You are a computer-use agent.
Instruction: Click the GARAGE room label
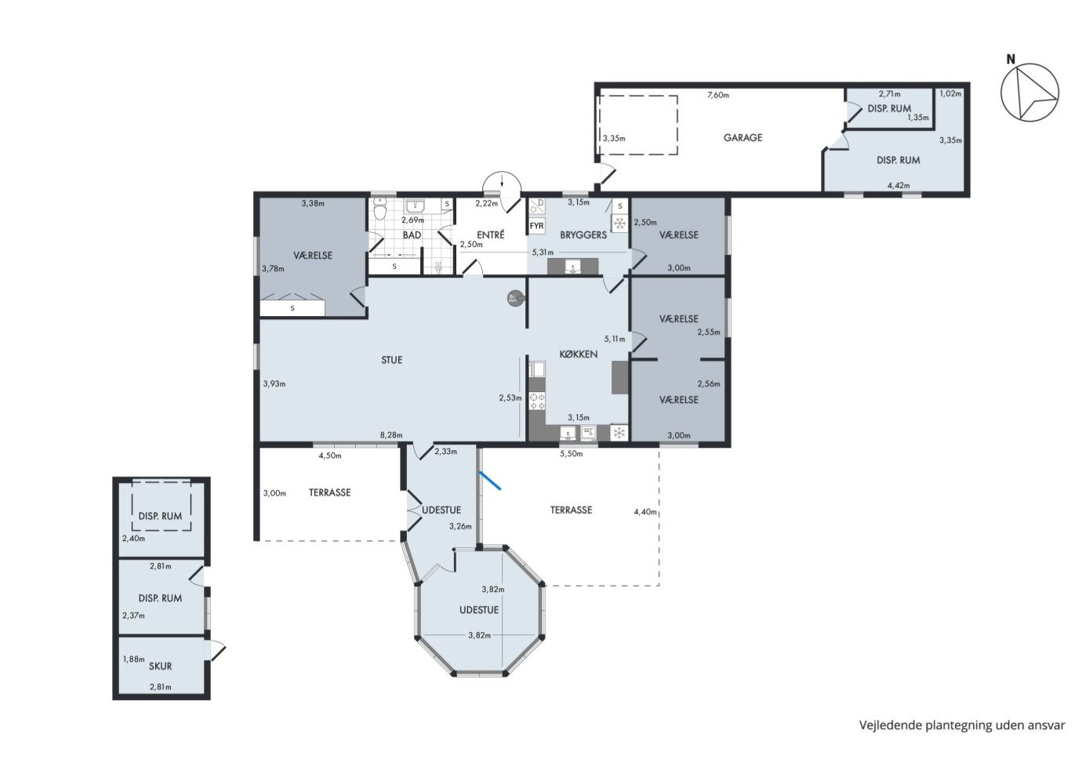pyautogui.click(x=743, y=138)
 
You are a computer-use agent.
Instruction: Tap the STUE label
pyautogui.click(x=391, y=360)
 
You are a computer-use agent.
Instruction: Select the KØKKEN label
pyautogui.click(x=578, y=354)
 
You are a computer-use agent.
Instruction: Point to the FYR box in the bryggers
pyautogui.click(x=536, y=226)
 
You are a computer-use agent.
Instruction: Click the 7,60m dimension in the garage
pyautogui.click(x=717, y=95)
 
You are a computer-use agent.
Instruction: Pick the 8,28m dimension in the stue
pyautogui.click(x=390, y=434)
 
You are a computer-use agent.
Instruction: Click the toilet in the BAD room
pyautogui.click(x=380, y=209)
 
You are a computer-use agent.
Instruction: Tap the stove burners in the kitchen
pyautogui.click(x=537, y=401)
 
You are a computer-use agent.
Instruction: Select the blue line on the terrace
pyautogui.click(x=490, y=481)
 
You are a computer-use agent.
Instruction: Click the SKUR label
pyautogui.click(x=160, y=666)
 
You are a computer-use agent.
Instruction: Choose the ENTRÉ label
pyautogui.click(x=490, y=234)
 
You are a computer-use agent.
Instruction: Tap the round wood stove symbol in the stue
pyautogui.click(x=514, y=299)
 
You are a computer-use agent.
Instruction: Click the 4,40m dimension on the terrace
pyautogui.click(x=644, y=511)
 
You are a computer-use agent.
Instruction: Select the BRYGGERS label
pyautogui.click(x=583, y=234)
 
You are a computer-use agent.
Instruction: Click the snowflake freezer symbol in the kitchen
pyautogui.click(x=619, y=432)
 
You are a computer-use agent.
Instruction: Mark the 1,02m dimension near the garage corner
pyautogui.click(x=950, y=93)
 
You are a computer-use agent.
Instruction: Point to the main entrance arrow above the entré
pyautogui.click(x=503, y=180)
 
